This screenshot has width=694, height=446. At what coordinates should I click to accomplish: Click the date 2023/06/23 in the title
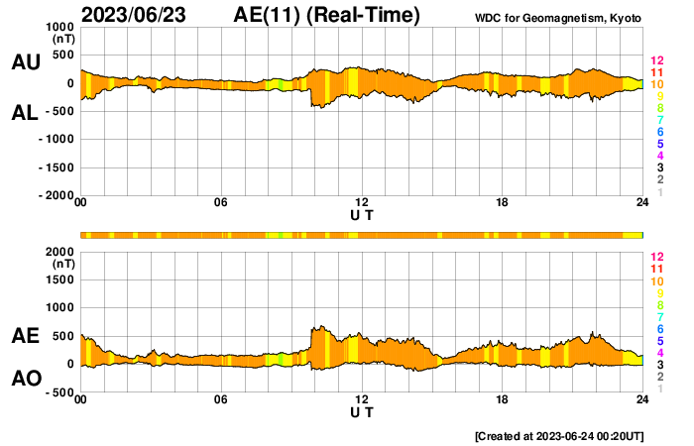(x=137, y=15)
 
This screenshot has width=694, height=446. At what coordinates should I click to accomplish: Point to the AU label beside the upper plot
(x=26, y=62)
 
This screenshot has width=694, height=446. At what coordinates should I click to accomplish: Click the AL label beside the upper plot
(x=26, y=113)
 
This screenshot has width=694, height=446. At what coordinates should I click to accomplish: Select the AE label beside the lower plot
(x=26, y=336)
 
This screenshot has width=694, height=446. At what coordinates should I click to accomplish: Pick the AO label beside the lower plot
(x=26, y=379)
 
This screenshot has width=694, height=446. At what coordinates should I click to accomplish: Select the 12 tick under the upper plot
(x=362, y=203)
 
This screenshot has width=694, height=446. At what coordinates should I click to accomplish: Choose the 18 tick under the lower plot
(x=503, y=399)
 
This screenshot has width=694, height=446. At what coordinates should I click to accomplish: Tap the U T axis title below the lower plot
(x=362, y=411)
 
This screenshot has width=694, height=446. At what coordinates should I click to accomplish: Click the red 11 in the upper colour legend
(x=656, y=72)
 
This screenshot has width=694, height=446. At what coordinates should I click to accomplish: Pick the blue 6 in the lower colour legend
(x=659, y=328)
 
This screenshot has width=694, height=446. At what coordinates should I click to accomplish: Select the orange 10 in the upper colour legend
(x=656, y=84)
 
